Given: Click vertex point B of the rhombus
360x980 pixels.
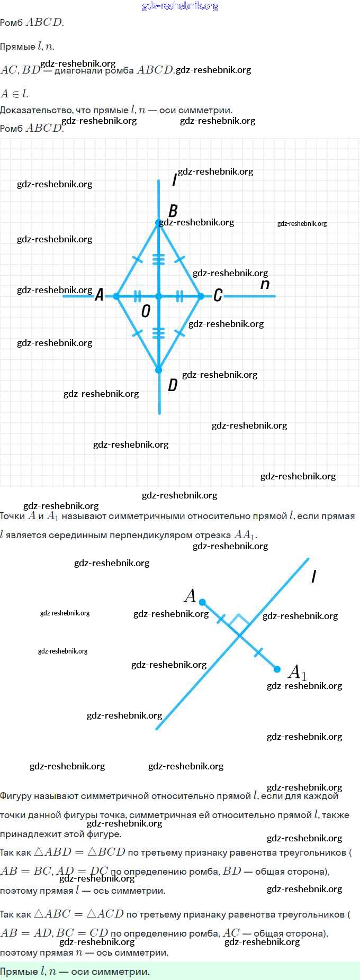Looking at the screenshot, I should (x=158, y=223).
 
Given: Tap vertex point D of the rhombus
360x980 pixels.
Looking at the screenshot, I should (x=158, y=370).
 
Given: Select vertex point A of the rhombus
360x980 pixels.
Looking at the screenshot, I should (x=116, y=296).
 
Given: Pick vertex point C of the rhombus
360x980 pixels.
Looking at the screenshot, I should (x=201, y=296).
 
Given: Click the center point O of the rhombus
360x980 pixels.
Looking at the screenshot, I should (x=158, y=296).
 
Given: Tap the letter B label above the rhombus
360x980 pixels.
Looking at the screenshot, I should (x=173, y=211).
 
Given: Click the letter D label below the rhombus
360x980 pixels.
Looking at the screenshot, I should (x=173, y=385).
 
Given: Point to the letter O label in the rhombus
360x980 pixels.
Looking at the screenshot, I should (x=146, y=311).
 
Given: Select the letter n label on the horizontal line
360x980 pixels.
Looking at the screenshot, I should (x=265, y=284).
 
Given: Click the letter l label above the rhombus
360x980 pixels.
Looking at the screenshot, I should (x=174, y=180).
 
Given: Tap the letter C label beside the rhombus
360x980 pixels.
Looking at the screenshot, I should (x=218, y=295).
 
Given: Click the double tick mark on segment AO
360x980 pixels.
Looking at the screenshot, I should (x=137, y=296).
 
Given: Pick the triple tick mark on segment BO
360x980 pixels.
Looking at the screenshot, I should (x=158, y=259).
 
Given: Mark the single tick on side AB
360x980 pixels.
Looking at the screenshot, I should (x=137, y=259).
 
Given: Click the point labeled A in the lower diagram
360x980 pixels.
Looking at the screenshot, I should (x=202, y=602).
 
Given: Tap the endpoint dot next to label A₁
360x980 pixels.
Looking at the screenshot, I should (x=277, y=669).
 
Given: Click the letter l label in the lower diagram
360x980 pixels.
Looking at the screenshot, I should (x=314, y=576).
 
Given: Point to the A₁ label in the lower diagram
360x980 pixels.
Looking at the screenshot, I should (x=296, y=672).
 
